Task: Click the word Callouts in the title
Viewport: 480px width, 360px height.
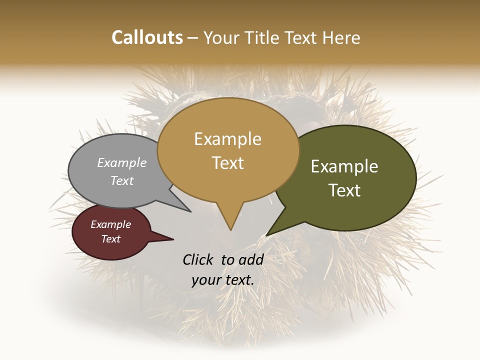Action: click(147, 37)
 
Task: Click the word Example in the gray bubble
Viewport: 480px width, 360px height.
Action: click(122, 163)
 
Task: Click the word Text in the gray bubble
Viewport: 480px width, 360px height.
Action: click(122, 180)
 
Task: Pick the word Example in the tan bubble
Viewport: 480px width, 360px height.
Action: click(227, 139)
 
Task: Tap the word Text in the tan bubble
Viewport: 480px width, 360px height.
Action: click(227, 162)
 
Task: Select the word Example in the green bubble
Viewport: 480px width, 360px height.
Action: click(344, 166)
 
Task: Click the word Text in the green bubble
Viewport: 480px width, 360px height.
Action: click(344, 190)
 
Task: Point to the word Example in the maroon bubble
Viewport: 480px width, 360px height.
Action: click(110, 224)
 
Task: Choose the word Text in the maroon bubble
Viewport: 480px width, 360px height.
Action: click(110, 239)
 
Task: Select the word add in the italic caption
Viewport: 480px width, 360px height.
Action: click(251, 259)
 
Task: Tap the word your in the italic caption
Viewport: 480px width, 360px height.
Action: click(206, 280)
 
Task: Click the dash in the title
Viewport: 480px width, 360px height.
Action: click(192, 38)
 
